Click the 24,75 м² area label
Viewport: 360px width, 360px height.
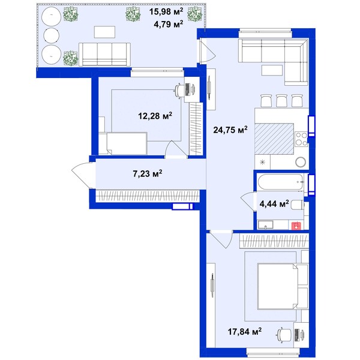click(230, 130)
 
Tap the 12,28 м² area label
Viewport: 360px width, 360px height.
click(155, 116)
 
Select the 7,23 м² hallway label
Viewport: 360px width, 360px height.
click(148, 173)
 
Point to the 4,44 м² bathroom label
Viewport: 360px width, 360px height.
click(274, 203)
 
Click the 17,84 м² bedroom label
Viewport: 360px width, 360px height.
click(245, 331)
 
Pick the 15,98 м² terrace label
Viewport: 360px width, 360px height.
click(166, 11)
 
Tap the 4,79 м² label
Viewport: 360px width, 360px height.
click(169, 24)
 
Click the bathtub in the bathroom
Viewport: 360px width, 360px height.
click(281, 182)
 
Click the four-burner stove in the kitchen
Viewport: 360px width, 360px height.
click(301, 139)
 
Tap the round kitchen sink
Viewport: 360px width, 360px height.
click(301, 162)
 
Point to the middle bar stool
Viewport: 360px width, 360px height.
click(282, 101)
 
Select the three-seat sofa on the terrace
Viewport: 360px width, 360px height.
click(104, 55)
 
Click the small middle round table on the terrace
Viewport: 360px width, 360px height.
click(52, 35)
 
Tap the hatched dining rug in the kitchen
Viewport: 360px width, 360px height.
click(274, 139)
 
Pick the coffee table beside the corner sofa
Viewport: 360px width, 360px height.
click(272, 70)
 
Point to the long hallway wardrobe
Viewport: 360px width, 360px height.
click(148, 196)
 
